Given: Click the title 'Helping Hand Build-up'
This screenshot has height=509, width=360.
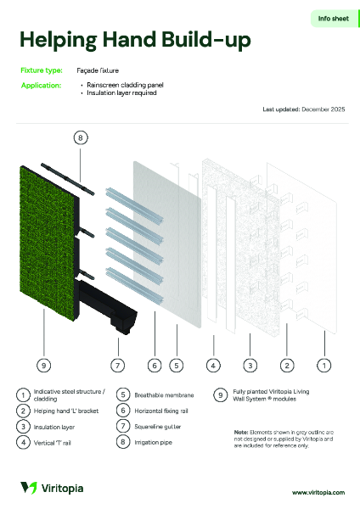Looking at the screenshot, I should [135, 41].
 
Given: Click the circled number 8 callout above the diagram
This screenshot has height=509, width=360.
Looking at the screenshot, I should [80, 137].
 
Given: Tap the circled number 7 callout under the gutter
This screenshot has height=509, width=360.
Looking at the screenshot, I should [117, 366].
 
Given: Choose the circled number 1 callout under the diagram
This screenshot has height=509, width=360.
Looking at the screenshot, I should [323, 366].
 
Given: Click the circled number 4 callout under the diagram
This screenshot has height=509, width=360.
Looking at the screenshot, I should [214, 366].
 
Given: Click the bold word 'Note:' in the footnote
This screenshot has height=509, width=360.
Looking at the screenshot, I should [241, 432].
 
